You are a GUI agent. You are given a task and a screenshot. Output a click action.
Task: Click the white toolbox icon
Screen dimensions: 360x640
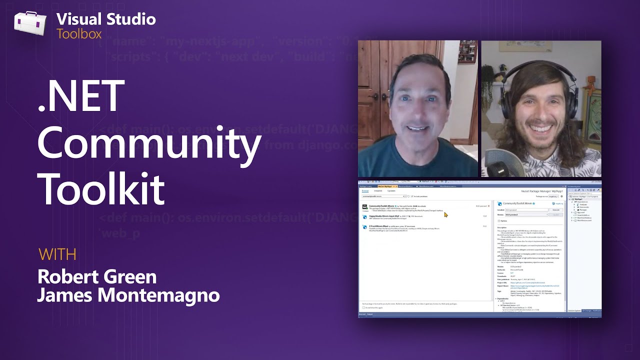pyautogui.click(x=30, y=23)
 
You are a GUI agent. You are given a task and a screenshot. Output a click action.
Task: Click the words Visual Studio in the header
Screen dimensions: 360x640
pyautogui.click(x=106, y=19)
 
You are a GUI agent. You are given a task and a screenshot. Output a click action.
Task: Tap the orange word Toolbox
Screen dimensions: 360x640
pyautogui.click(x=79, y=34)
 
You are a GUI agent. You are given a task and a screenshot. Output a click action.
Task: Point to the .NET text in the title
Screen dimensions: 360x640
pyautogui.click(x=81, y=96)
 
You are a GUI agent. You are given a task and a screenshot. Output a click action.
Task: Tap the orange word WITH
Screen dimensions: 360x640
pyautogui.click(x=57, y=254)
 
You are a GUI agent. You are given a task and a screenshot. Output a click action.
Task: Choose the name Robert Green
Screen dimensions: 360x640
pyautogui.click(x=97, y=276)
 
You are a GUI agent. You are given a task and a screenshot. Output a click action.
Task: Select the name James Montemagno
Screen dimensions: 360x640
pyautogui.click(x=128, y=295)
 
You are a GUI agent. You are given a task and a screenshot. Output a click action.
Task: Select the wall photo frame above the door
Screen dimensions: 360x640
pyautogui.click(x=467, y=51)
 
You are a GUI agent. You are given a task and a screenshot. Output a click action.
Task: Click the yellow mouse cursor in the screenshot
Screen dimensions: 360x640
pyautogui.click(x=445, y=214)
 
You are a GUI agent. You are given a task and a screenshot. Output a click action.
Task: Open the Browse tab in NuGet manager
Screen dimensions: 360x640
pyautogui.click(x=365, y=191)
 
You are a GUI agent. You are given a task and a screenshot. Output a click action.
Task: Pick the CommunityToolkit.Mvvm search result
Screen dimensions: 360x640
pyautogui.click(x=382, y=205)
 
